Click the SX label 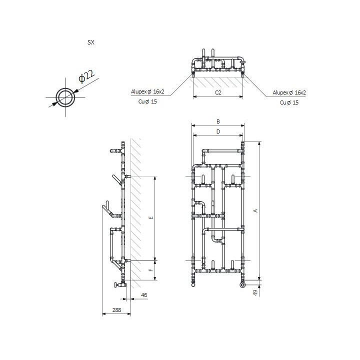[91, 43]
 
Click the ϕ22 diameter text [86, 77]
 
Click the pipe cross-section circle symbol [64, 97]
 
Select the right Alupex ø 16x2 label [289, 92]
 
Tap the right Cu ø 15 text [289, 102]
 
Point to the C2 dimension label [218, 92]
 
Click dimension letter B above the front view [218, 121]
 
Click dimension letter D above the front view [218, 131]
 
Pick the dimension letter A [255, 211]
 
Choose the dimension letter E [150, 218]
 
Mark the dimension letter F [150, 270]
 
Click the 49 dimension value [255, 293]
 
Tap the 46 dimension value [144, 295]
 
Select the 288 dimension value [116, 310]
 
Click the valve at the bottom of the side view [118, 285]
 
